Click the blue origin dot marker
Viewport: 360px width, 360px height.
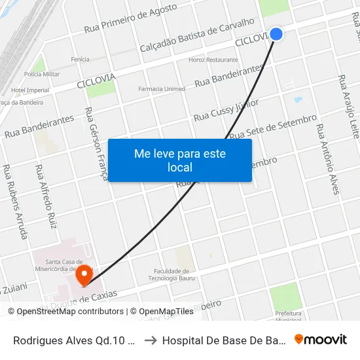(x=276, y=33)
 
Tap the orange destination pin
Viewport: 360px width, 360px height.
(x=84, y=275)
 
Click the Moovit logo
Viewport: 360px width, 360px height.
(x=321, y=340)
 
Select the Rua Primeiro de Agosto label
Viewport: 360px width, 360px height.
(x=131, y=19)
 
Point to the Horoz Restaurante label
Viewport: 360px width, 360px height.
(x=213, y=60)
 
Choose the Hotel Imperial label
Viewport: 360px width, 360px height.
(x=30, y=90)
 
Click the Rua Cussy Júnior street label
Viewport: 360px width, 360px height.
(x=226, y=111)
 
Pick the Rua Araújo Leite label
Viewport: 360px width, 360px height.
(x=348, y=106)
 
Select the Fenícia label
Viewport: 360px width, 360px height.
(x=80, y=60)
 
